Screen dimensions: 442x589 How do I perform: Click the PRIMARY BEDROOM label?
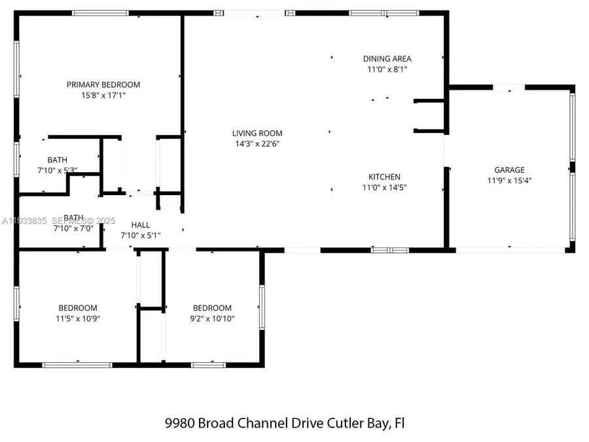[x=103, y=84]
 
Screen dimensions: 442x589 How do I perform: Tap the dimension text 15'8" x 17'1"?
[x=103, y=95]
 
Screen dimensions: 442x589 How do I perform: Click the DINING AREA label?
[x=387, y=59]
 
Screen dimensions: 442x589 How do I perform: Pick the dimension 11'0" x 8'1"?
[x=387, y=69]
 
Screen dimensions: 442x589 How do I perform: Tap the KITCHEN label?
[x=384, y=177]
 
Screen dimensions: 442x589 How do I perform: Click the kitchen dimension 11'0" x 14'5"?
[x=384, y=187]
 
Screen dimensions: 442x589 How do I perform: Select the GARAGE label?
[x=509, y=170]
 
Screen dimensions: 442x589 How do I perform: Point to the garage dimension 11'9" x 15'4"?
[x=509, y=181]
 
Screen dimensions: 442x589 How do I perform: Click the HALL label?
[x=141, y=225]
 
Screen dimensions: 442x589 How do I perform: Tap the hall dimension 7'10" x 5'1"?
[x=141, y=235]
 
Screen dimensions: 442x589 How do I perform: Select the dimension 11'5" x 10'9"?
[x=78, y=319]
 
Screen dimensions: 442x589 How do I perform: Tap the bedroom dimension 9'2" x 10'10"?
[x=212, y=319]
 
